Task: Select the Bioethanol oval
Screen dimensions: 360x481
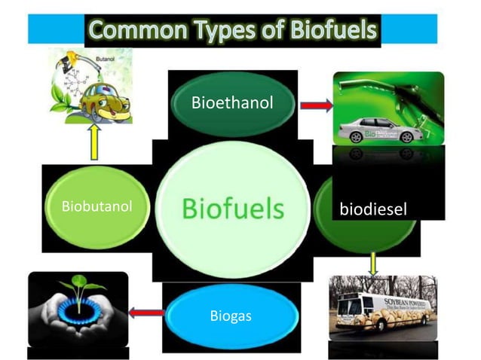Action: [232, 102]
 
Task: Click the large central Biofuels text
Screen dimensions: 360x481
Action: [233, 208]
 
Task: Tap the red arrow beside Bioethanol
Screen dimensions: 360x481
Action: [316, 105]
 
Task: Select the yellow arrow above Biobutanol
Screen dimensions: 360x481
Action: [94, 142]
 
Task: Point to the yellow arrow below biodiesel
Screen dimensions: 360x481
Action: [372, 263]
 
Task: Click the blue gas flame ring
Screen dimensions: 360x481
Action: [76, 310]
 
